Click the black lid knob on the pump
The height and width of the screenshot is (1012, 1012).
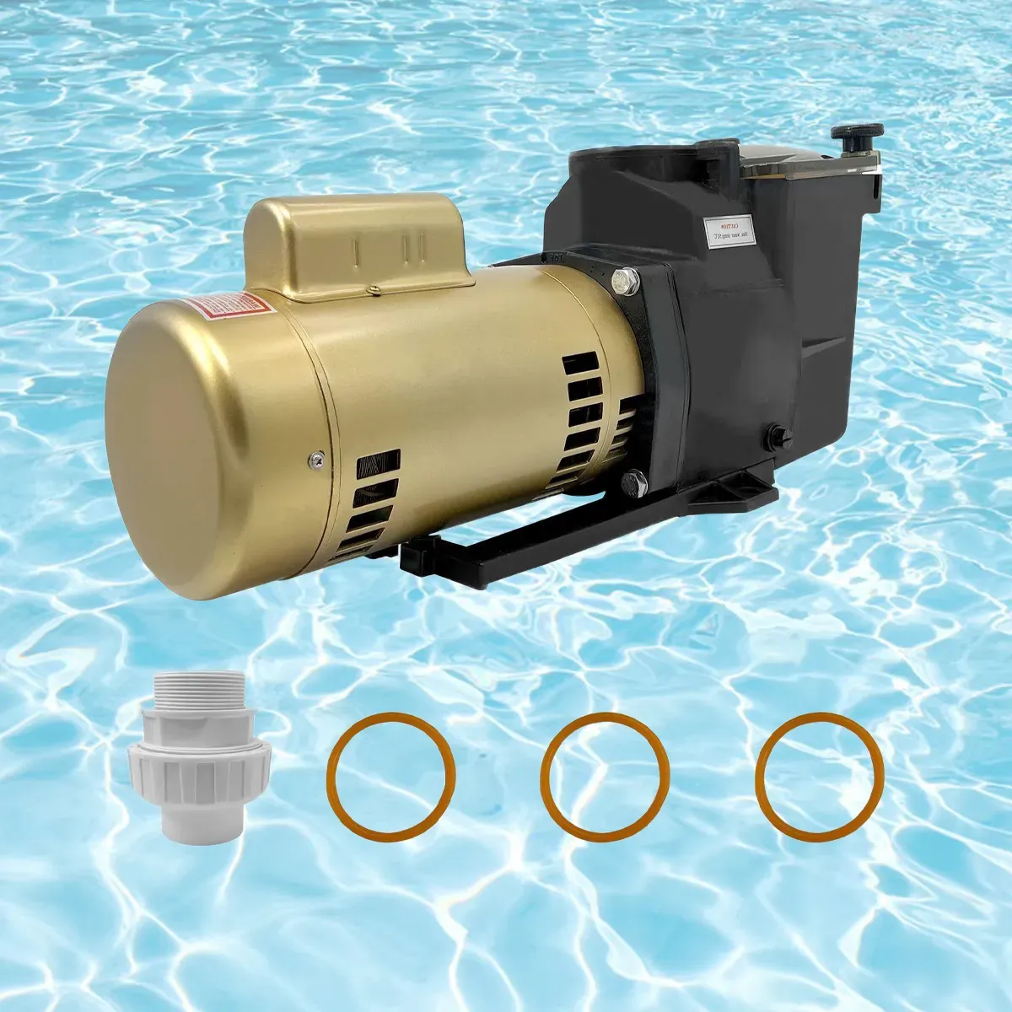pos(857,133)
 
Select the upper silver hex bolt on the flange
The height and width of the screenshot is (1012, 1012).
pos(626,281)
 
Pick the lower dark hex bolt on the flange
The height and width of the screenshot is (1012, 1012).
pos(634,483)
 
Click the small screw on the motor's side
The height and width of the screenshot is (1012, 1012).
pos(315,459)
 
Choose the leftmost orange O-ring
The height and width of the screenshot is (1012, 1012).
pos(390,777)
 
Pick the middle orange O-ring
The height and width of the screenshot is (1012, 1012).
pos(606,777)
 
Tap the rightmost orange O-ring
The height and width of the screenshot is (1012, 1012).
pos(820,777)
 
